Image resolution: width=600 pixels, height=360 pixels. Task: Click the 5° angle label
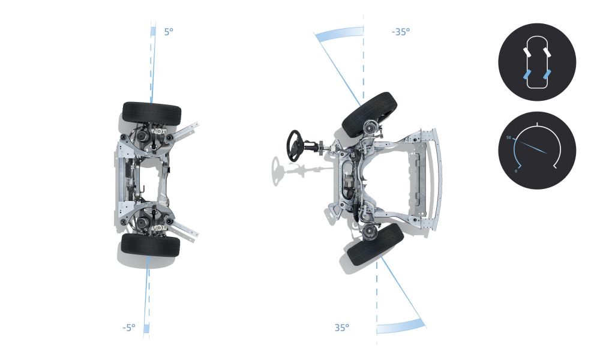tap(169, 32)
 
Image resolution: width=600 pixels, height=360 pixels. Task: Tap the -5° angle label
tap(129, 328)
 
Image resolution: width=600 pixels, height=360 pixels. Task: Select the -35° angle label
tap(401, 32)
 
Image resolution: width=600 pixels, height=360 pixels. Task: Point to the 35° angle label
tap(342, 328)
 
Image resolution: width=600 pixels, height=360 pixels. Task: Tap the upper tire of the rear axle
tap(152, 113)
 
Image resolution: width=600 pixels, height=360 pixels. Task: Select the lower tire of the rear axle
tap(151, 245)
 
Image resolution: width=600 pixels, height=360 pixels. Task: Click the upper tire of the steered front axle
tap(369, 114)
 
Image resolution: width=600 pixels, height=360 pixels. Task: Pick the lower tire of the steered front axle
tap(376, 244)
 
